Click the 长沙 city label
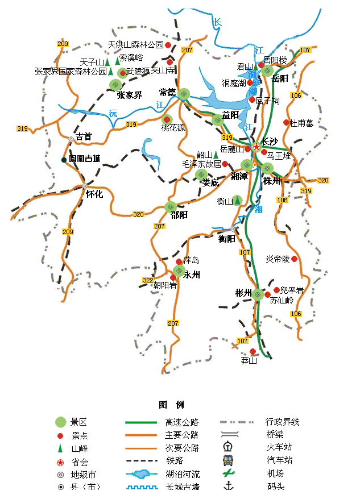270,142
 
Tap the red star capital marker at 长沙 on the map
256,147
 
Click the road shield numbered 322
148,280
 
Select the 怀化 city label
94,194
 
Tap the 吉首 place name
84,136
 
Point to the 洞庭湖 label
234,83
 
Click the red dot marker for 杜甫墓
286,122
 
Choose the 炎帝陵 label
278,259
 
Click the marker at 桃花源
167,119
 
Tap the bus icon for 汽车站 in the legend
227,460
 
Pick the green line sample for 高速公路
140,422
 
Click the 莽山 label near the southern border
249,360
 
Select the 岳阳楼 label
275,60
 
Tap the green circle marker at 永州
179,271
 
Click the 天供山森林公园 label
136,44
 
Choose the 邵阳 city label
179,215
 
